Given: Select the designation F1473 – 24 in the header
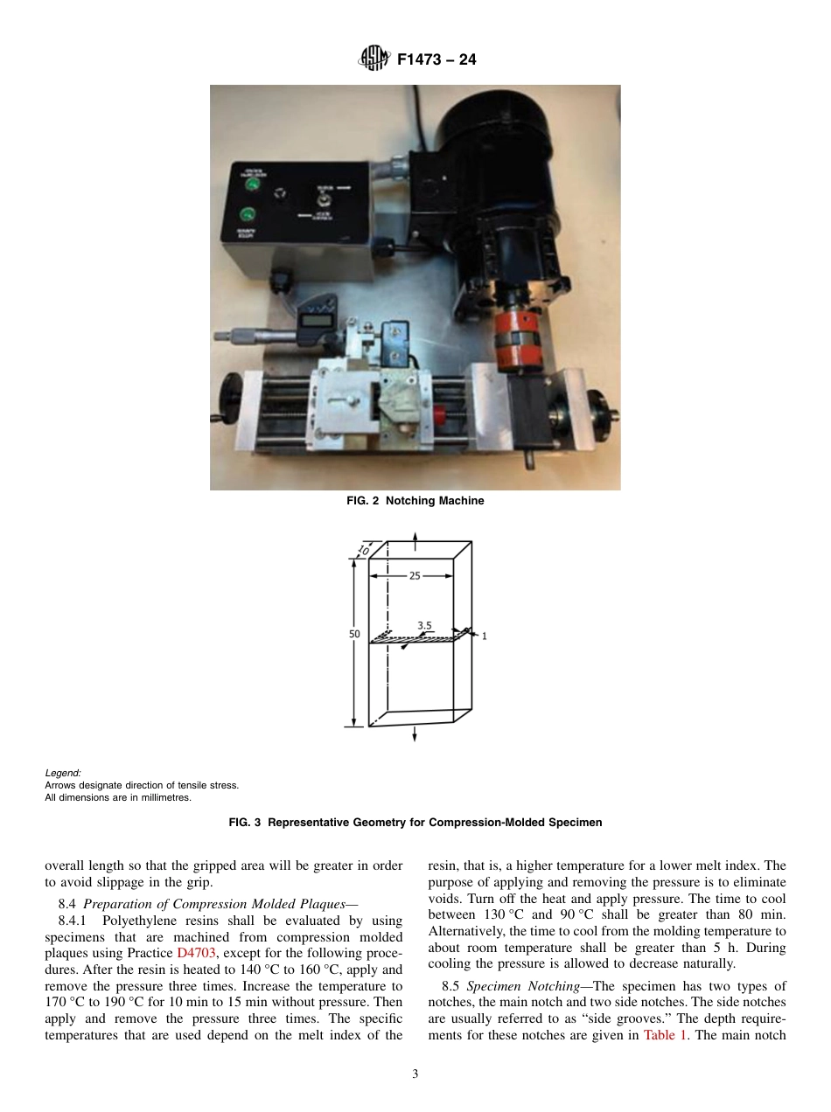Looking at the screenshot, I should (436, 60).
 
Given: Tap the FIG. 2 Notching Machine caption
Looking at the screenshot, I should (415, 501).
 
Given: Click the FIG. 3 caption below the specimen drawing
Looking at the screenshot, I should (415, 823).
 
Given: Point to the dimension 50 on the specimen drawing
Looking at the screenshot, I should (354, 635).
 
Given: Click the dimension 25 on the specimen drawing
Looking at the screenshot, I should (415, 576).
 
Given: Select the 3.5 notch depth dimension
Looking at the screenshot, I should (424, 625).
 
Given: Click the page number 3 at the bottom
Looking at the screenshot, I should (415, 1074).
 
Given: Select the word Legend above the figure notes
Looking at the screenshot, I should (63, 774).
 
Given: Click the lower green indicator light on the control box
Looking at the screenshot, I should (248, 214).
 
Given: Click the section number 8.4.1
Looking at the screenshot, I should (74, 921).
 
